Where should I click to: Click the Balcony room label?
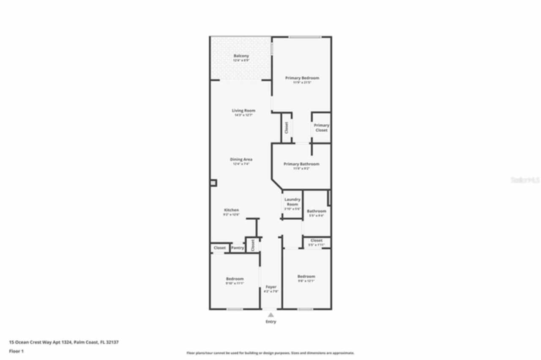click(241, 56)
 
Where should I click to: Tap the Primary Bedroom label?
click(302, 78)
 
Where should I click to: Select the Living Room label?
click(243, 111)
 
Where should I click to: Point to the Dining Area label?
click(241, 160)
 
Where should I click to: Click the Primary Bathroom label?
click(301, 164)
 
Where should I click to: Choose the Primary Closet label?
click(321, 128)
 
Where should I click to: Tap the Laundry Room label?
click(292, 202)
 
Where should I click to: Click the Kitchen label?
click(231, 210)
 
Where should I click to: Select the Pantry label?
click(238, 248)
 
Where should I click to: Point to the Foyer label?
click(271, 287)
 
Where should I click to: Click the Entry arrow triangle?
click(270, 314)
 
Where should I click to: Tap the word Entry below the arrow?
click(271, 322)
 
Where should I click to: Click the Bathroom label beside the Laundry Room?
click(316, 211)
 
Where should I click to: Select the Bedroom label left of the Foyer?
click(235, 279)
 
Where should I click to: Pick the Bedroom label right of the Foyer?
click(306, 277)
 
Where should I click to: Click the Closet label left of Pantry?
click(219, 248)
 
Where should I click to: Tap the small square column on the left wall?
click(213, 183)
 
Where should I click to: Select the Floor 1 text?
click(16, 351)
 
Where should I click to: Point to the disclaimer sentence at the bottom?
click(270, 353)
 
